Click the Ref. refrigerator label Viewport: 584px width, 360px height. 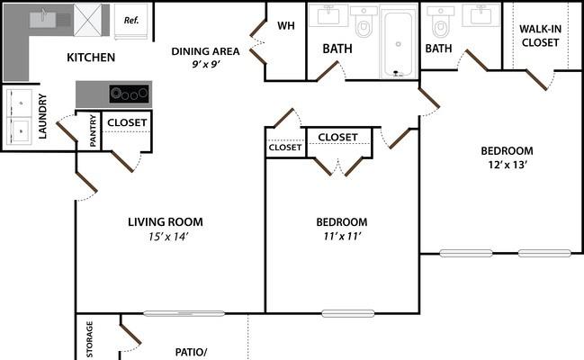point(131,20)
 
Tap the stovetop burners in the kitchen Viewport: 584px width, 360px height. point(130,94)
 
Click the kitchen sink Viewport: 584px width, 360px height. point(43,19)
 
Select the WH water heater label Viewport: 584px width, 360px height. point(286,26)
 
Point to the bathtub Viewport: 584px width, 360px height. point(398,44)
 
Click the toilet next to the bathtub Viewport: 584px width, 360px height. point(364,22)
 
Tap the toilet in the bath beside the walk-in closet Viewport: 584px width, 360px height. point(441,22)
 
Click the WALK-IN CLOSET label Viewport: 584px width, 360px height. point(541,36)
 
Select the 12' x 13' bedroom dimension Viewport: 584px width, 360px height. point(507,165)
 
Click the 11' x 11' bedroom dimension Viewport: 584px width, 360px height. point(342,236)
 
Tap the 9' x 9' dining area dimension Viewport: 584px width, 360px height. point(205,64)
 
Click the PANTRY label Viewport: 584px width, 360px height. point(93,130)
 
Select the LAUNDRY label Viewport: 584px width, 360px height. point(42,116)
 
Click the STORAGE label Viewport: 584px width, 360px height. point(89,339)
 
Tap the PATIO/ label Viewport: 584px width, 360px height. point(191,352)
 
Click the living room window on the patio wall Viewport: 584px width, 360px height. point(184,313)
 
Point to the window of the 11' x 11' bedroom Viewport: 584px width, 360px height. point(348,313)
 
